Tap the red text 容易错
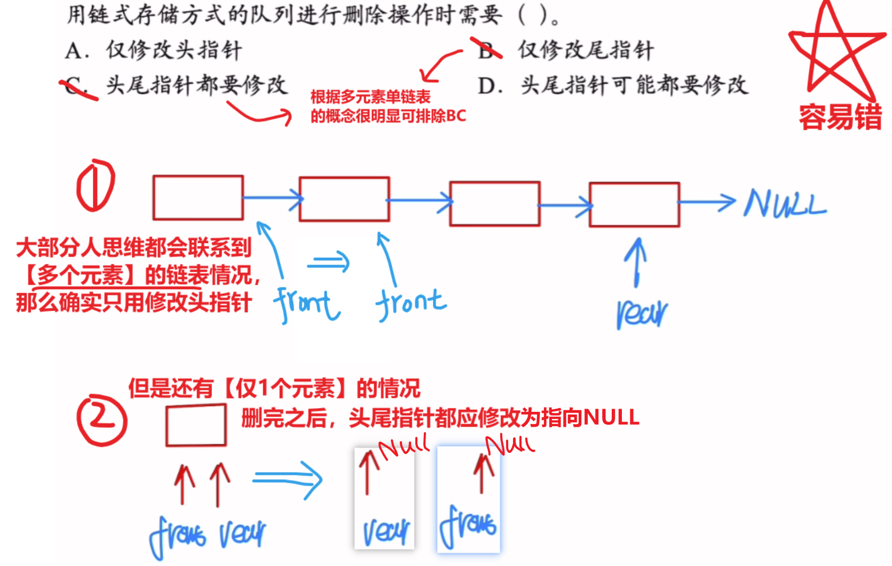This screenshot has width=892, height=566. pos(840,117)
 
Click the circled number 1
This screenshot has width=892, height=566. pos(96,186)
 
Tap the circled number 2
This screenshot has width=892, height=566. pos(101,420)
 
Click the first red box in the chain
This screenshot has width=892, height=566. pos(198,197)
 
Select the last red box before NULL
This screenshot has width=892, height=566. pos(634,204)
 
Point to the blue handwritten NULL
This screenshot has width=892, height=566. pos(784,204)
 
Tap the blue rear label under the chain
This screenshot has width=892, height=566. pos(641,313)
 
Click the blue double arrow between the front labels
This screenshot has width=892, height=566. pos(328,262)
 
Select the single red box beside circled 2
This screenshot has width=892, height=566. pos(195,425)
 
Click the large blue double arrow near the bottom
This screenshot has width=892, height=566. pos(287,479)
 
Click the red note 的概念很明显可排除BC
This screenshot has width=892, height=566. pos(388,116)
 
